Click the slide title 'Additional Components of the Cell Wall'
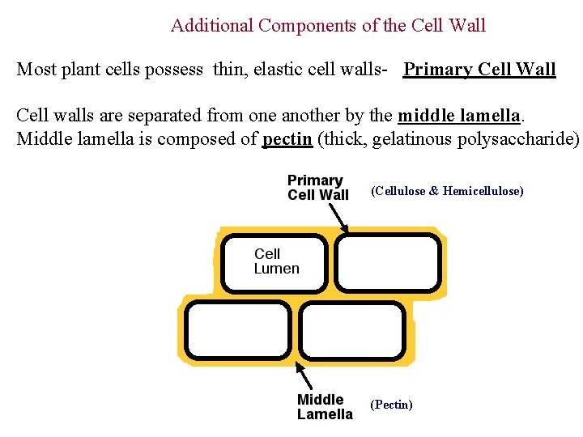coord(328,26)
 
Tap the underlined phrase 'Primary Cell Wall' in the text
coord(479,70)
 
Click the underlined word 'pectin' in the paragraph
coord(287,138)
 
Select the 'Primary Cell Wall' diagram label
coord(317,188)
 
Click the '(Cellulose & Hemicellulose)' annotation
coord(447,191)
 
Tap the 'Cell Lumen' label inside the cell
coord(276,261)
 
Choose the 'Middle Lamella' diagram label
coord(325,407)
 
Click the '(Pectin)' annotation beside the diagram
coord(391,405)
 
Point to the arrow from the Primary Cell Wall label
coord(337,217)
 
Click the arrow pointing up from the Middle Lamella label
coord(304,375)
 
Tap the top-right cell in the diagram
coord(389,262)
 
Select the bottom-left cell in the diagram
coord(237,329)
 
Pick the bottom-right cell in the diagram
coord(352,329)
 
